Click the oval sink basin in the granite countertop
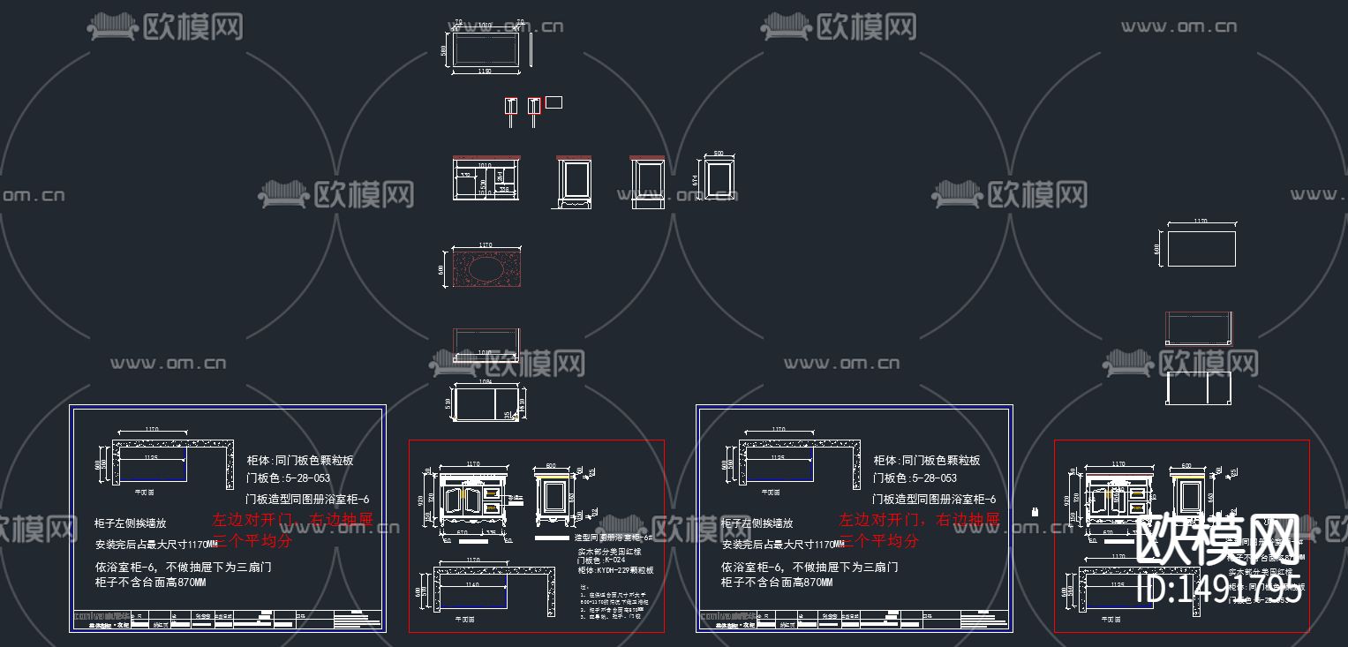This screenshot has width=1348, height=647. [487, 267]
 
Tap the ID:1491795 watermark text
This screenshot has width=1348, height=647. [1220, 590]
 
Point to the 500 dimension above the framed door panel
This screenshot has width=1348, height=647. [718, 153]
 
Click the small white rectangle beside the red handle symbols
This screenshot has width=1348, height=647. [554, 102]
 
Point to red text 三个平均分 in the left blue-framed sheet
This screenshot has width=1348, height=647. [252, 541]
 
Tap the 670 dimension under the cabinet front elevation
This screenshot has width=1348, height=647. [461, 532]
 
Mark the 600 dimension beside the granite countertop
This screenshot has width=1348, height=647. [441, 268]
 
